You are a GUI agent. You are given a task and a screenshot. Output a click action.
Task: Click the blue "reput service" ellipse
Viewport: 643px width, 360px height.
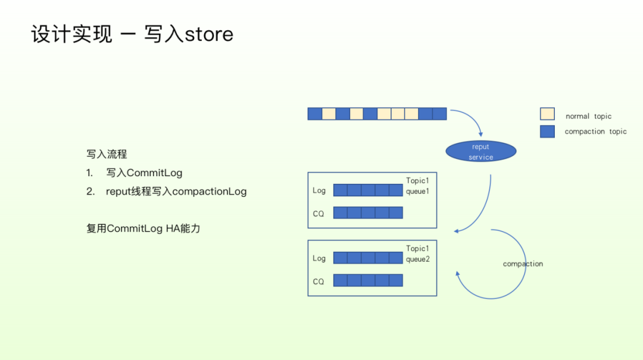click(480, 151)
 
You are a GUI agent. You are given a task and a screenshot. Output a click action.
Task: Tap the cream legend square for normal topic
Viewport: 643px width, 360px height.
click(547, 114)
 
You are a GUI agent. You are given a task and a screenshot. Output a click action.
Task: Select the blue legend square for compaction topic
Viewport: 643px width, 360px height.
click(547, 132)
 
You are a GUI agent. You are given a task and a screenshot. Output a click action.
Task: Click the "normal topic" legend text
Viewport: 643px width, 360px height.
click(588, 117)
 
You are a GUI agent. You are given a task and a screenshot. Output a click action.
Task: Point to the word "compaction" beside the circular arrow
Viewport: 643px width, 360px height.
click(523, 264)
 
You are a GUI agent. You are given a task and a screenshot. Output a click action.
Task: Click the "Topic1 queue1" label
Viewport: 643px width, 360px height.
click(417, 186)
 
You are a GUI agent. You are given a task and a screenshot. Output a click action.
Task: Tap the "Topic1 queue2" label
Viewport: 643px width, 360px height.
click(417, 253)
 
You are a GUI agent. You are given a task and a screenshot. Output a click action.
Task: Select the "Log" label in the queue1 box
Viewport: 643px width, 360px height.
click(319, 190)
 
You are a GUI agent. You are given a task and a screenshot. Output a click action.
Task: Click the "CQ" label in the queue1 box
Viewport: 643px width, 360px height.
click(319, 213)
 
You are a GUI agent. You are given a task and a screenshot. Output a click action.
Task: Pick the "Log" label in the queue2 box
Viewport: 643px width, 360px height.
click(319, 258)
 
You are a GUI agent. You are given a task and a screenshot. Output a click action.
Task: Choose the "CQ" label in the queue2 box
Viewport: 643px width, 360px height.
click(319, 281)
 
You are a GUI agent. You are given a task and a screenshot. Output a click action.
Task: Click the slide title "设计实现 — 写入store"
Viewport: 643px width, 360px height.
click(132, 34)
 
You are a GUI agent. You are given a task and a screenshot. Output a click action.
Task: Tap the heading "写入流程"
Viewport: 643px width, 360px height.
click(107, 154)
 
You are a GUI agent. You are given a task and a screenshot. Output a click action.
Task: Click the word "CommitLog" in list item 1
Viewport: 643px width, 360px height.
click(154, 173)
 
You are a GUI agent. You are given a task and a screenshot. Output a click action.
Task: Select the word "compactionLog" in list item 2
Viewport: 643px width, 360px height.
click(209, 192)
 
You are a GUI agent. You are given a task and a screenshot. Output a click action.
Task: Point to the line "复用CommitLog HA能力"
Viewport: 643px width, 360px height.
click(143, 228)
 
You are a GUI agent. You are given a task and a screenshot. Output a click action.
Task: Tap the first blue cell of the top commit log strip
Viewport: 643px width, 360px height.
click(314, 114)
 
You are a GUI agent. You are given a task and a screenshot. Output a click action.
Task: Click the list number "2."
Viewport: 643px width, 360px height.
click(90, 192)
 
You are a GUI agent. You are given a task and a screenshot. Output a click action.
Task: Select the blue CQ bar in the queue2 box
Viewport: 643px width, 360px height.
click(368, 280)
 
